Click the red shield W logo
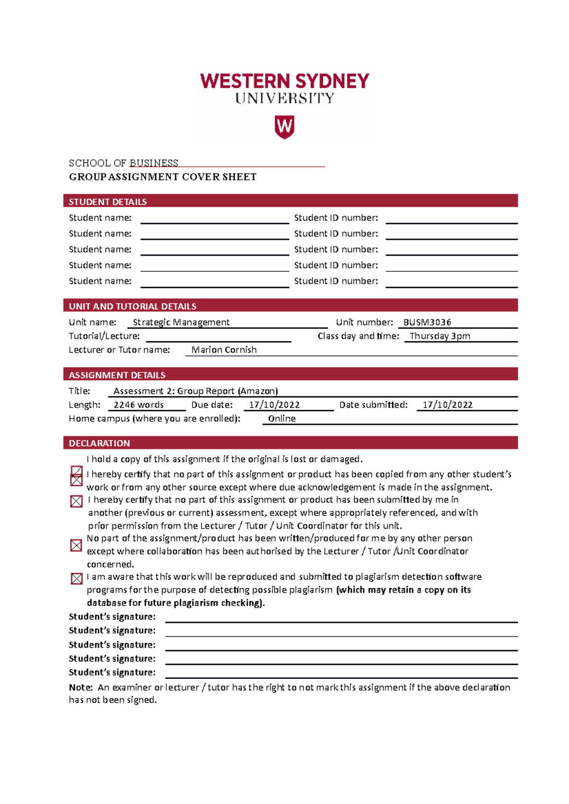(x=284, y=126)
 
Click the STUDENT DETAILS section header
(x=108, y=202)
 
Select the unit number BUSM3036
(x=427, y=322)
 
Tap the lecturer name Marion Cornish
(x=224, y=350)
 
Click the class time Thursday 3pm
(x=440, y=336)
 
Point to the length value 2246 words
(x=138, y=405)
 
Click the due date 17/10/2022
(x=274, y=405)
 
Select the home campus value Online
(x=282, y=419)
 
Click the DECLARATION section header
(x=100, y=443)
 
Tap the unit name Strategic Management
(x=181, y=322)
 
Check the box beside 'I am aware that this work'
(x=76, y=579)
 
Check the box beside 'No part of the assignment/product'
(x=76, y=545)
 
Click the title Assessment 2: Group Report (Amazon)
(x=195, y=391)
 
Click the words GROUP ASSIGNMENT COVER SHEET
(x=163, y=177)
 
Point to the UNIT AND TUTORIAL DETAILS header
(x=133, y=306)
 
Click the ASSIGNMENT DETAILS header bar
(x=117, y=375)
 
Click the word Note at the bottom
(x=80, y=688)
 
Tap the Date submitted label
(x=373, y=405)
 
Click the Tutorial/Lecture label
(x=104, y=336)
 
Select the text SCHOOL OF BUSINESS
(x=123, y=163)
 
